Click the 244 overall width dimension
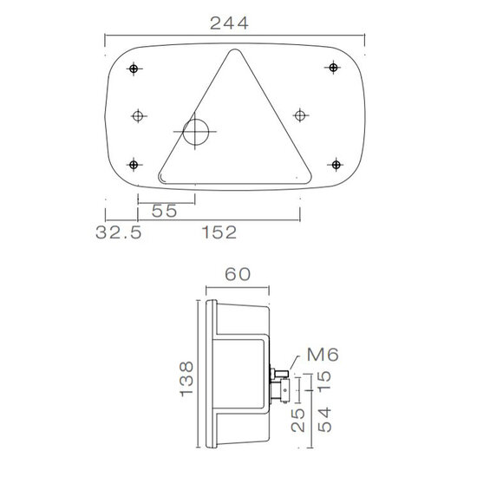pyautogui.click(x=229, y=23)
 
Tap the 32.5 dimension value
pyautogui.click(x=119, y=232)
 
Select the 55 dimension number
pyautogui.click(x=164, y=211)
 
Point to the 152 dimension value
pyautogui.click(x=219, y=232)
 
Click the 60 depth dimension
pyautogui.click(x=238, y=274)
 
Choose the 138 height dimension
pyautogui.click(x=186, y=379)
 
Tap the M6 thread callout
pyautogui.click(x=323, y=355)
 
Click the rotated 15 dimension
pyautogui.click(x=324, y=380)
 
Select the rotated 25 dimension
pyautogui.click(x=297, y=420)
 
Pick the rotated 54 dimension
pyautogui.click(x=324, y=420)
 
